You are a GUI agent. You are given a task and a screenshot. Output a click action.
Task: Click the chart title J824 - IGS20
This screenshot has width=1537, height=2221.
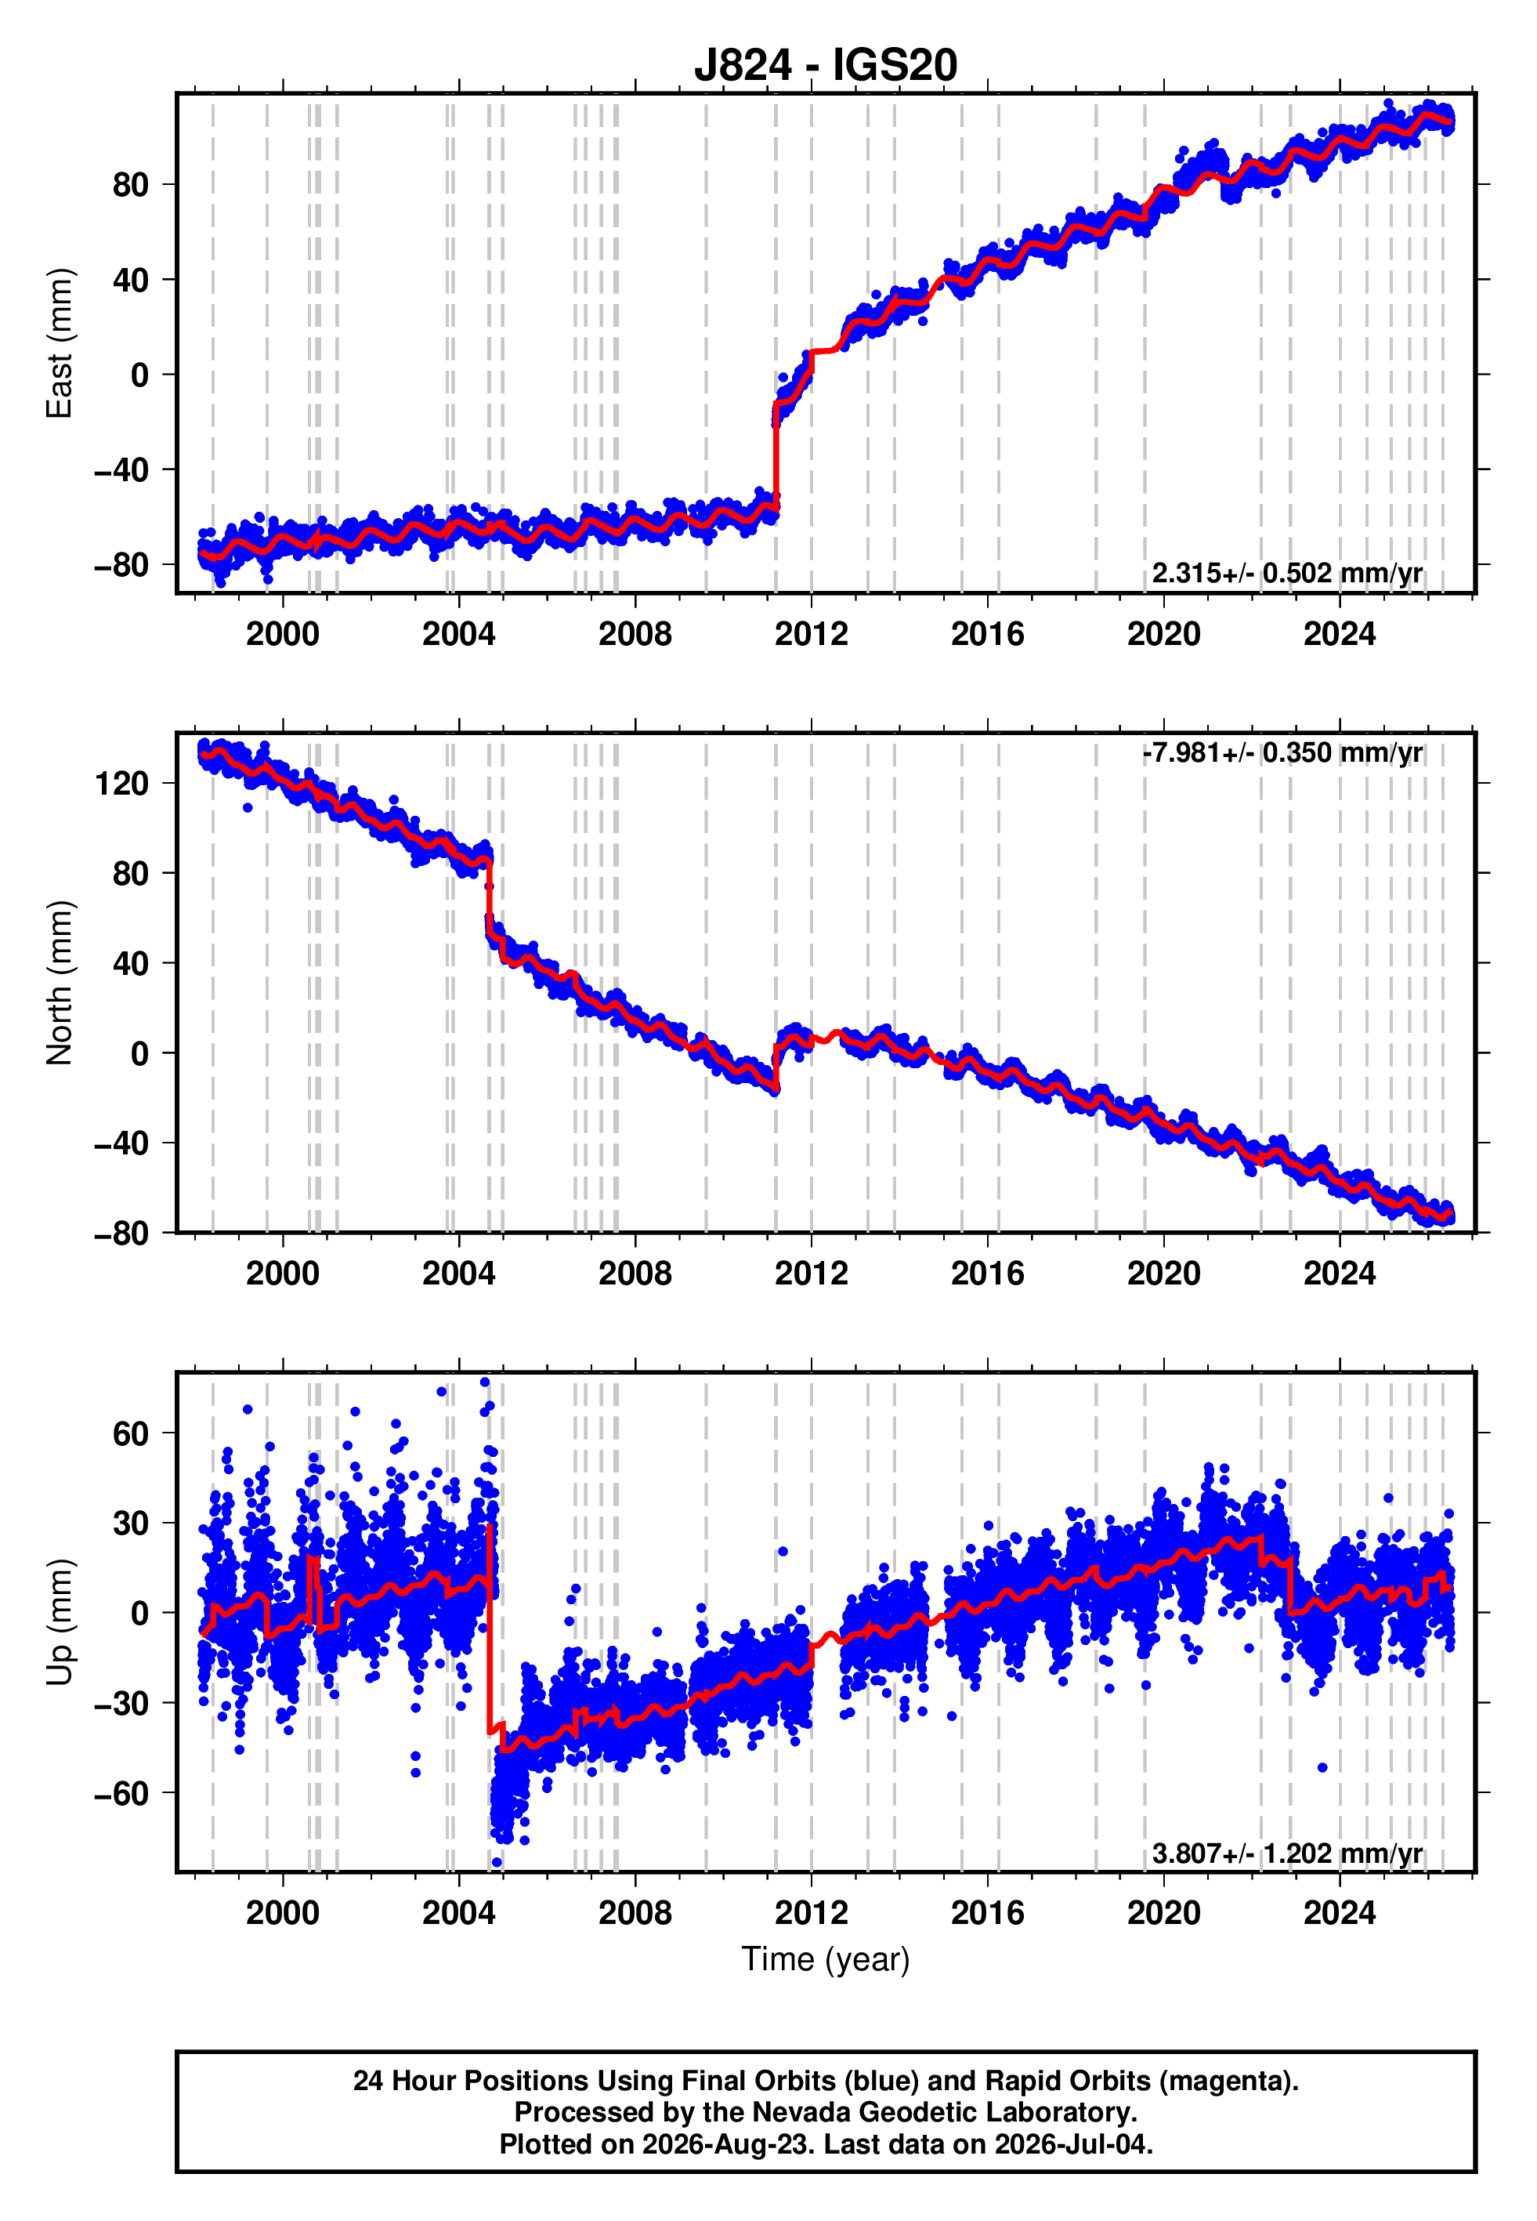coord(826,66)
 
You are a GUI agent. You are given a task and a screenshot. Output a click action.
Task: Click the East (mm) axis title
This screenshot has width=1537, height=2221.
coord(59,343)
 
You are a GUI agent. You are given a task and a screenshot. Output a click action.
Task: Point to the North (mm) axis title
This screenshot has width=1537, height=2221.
coord(59,983)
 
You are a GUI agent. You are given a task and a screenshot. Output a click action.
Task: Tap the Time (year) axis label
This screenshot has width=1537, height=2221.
coord(826,1960)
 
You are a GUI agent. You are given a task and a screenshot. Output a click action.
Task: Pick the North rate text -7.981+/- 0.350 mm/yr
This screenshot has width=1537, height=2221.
coord(1282,752)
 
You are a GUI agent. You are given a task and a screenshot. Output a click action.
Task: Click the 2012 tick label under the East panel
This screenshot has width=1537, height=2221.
coord(811,634)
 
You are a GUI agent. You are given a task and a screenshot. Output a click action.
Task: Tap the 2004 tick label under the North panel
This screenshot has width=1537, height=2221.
coord(458,1274)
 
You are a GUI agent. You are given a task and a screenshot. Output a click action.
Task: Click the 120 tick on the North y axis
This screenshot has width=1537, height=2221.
coord(122,783)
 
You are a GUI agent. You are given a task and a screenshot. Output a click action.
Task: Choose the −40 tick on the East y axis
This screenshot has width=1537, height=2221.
coord(122,470)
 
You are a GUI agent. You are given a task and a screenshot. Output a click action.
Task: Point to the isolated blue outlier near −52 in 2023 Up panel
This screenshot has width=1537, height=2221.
coord(1322,1767)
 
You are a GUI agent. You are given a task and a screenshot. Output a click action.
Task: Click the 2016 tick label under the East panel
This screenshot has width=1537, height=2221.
coord(987,634)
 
